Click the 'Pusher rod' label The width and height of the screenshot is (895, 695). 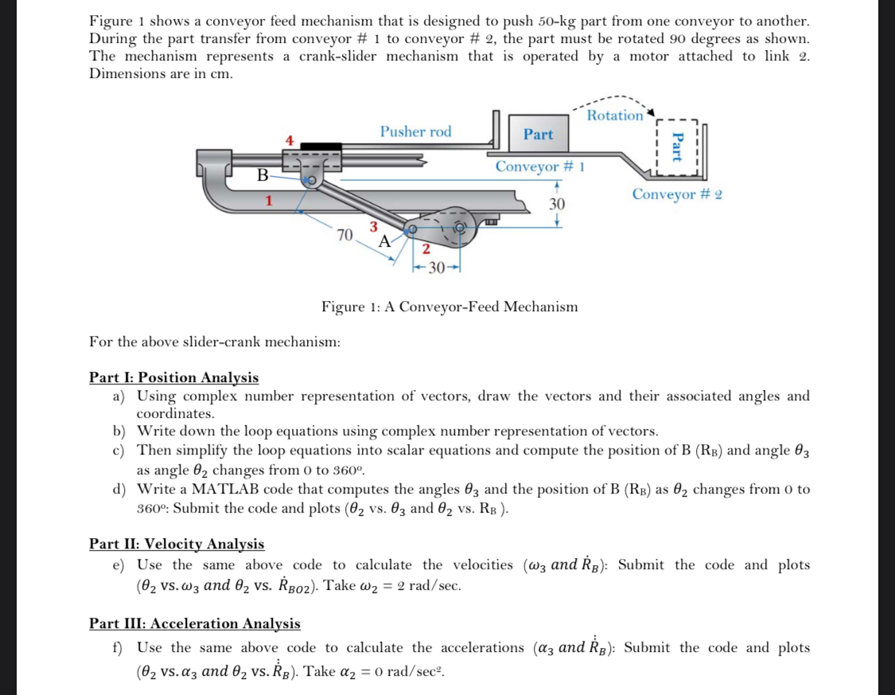[x=415, y=131]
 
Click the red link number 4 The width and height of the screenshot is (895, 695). [x=290, y=141]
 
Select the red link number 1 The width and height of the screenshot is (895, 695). [x=270, y=201]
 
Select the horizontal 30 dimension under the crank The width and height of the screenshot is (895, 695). [x=437, y=267]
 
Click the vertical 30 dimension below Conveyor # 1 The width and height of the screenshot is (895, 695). [x=557, y=205]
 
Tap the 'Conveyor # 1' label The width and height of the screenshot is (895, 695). [x=540, y=166]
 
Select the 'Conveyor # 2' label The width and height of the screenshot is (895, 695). [x=676, y=194]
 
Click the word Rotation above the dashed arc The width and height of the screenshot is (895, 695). [x=615, y=115]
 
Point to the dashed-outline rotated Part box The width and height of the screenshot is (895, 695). [x=677, y=147]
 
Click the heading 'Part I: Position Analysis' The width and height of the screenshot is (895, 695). [x=173, y=377]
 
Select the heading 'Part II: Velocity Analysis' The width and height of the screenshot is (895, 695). [x=177, y=544]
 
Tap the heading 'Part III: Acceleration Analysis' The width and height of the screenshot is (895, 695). [x=195, y=623]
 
